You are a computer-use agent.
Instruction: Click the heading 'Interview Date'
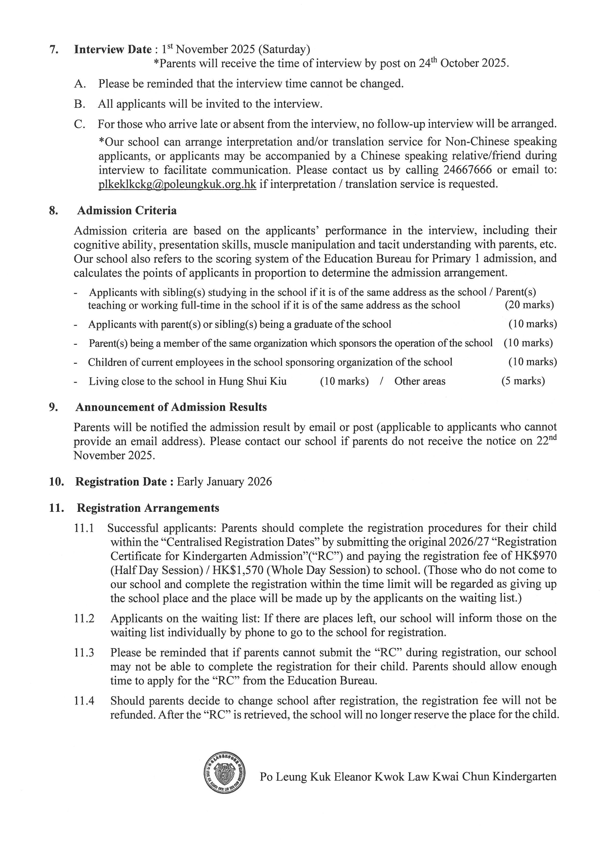click(113, 50)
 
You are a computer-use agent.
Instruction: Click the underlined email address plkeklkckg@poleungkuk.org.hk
click(177, 184)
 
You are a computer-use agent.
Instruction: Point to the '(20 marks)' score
click(529, 305)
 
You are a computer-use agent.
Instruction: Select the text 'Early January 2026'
click(224, 482)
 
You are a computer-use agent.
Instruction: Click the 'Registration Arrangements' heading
click(148, 508)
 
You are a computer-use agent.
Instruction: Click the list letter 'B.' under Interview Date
click(80, 104)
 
